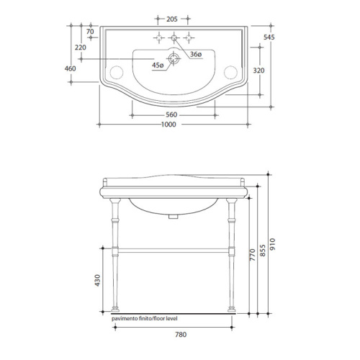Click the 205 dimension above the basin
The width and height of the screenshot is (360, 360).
point(172,19)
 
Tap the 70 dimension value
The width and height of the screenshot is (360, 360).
point(90,32)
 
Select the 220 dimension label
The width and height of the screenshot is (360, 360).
point(81,48)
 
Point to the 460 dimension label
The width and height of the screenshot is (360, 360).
point(70,68)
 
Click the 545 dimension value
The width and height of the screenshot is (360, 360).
point(269,37)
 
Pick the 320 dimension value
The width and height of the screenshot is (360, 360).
point(258,71)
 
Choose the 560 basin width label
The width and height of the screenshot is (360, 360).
point(171,114)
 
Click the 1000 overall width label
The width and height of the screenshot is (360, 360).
point(168,125)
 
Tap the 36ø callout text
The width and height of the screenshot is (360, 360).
point(196,55)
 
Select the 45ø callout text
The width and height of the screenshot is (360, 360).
point(158,65)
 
